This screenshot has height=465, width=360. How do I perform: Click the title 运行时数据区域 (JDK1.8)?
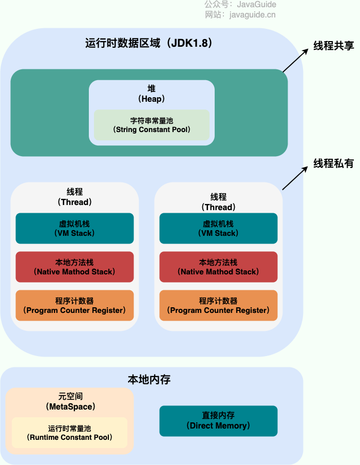(x=149, y=43)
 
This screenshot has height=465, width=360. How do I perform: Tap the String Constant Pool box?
(x=151, y=125)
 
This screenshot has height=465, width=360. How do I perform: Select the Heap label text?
(x=151, y=94)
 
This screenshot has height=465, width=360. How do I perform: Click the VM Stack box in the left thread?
(x=74, y=228)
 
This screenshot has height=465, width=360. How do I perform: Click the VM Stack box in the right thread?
(x=218, y=228)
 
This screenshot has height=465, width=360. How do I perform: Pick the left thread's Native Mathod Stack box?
(x=74, y=267)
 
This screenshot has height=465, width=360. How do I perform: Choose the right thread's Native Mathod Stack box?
(x=218, y=267)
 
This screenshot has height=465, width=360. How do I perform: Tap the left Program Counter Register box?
(x=74, y=305)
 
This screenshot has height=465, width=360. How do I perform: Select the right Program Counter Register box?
(x=218, y=305)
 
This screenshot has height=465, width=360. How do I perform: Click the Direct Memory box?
(x=218, y=421)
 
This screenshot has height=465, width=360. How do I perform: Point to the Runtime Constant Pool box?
(x=69, y=433)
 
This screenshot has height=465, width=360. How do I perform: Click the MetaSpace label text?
(x=70, y=402)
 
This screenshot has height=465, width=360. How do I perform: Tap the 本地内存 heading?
(x=149, y=380)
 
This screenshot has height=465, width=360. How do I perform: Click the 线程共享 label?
(x=334, y=45)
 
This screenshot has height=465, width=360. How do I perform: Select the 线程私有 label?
(x=334, y=163)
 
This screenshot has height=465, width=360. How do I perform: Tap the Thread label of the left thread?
(x=74, y=197)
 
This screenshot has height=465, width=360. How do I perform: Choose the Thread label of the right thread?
(x=218, y=202)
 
